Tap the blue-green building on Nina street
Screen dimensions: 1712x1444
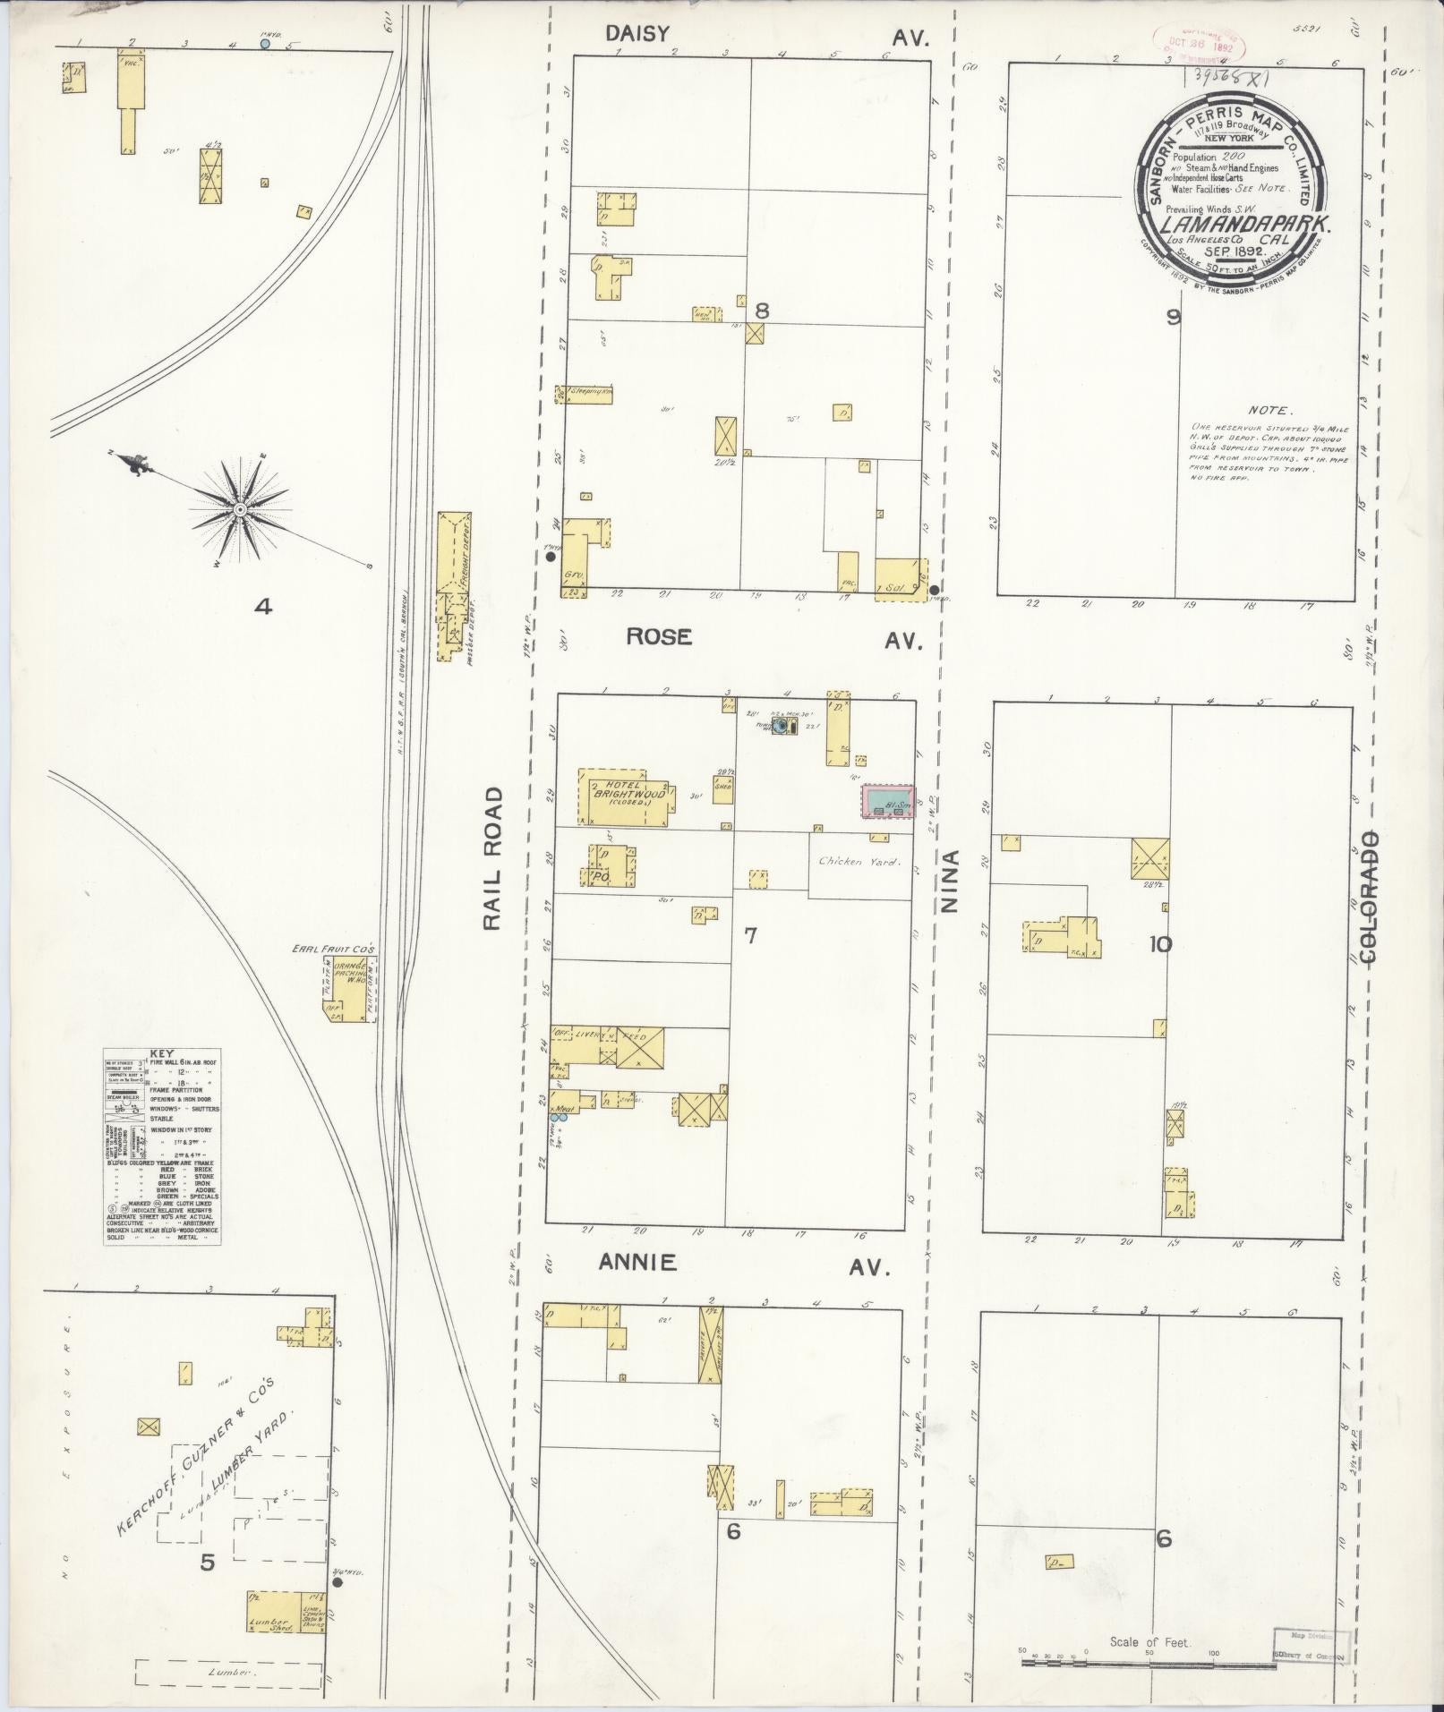887,802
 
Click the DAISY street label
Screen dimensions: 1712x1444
637,34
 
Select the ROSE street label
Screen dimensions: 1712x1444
659,636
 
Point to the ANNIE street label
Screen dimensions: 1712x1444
637,1263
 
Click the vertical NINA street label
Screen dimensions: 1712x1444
949,881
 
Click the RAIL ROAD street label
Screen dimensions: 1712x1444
493,860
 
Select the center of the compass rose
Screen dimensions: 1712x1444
240,509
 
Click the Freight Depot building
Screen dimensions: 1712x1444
454,562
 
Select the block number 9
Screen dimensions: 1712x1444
1174,316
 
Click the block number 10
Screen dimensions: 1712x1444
1162,943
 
